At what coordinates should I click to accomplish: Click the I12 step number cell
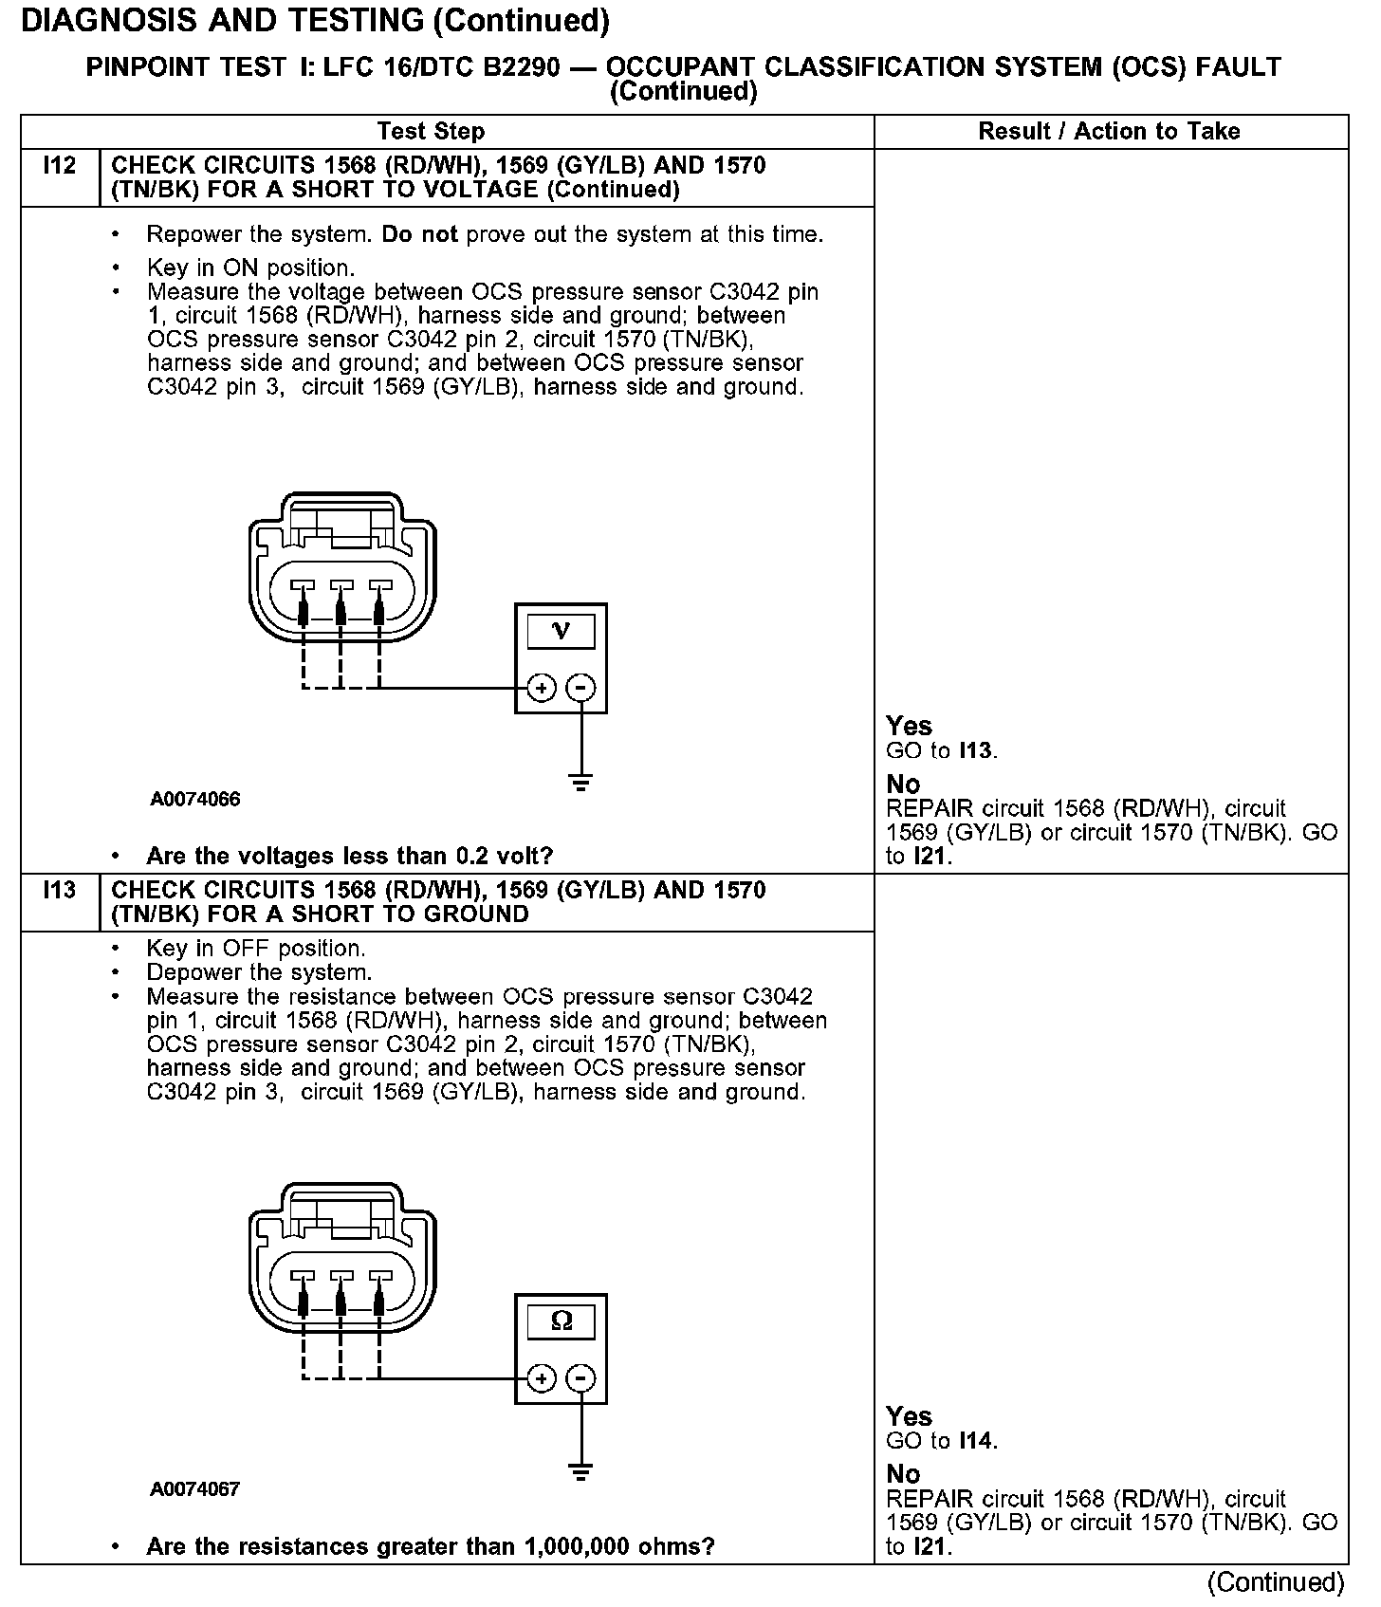point(59,167)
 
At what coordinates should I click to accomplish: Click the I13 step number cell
point(59,892)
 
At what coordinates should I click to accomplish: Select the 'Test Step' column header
point(431,132)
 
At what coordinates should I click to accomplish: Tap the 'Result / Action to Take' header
point(1109,132)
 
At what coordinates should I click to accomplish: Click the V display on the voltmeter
point(561,631)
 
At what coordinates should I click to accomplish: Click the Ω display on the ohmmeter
point(561,1321)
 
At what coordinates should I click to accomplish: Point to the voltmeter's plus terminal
point(541,688)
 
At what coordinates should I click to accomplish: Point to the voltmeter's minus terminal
point(580,688)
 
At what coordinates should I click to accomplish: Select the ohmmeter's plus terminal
point(541,1378)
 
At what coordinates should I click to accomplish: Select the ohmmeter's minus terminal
point(580,1378)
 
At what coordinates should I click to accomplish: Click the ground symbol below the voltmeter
point(580,783)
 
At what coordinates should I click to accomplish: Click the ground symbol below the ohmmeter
point(580,1473)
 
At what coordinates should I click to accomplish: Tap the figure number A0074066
point(194,800)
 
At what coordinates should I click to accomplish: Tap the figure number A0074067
point(194,1489)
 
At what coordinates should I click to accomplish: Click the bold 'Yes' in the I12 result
point(909,727)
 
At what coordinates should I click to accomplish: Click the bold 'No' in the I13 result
point(903,1474)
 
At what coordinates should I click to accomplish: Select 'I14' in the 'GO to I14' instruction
point(976,1442)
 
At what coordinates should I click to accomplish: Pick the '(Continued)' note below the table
point(1275,1582)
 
